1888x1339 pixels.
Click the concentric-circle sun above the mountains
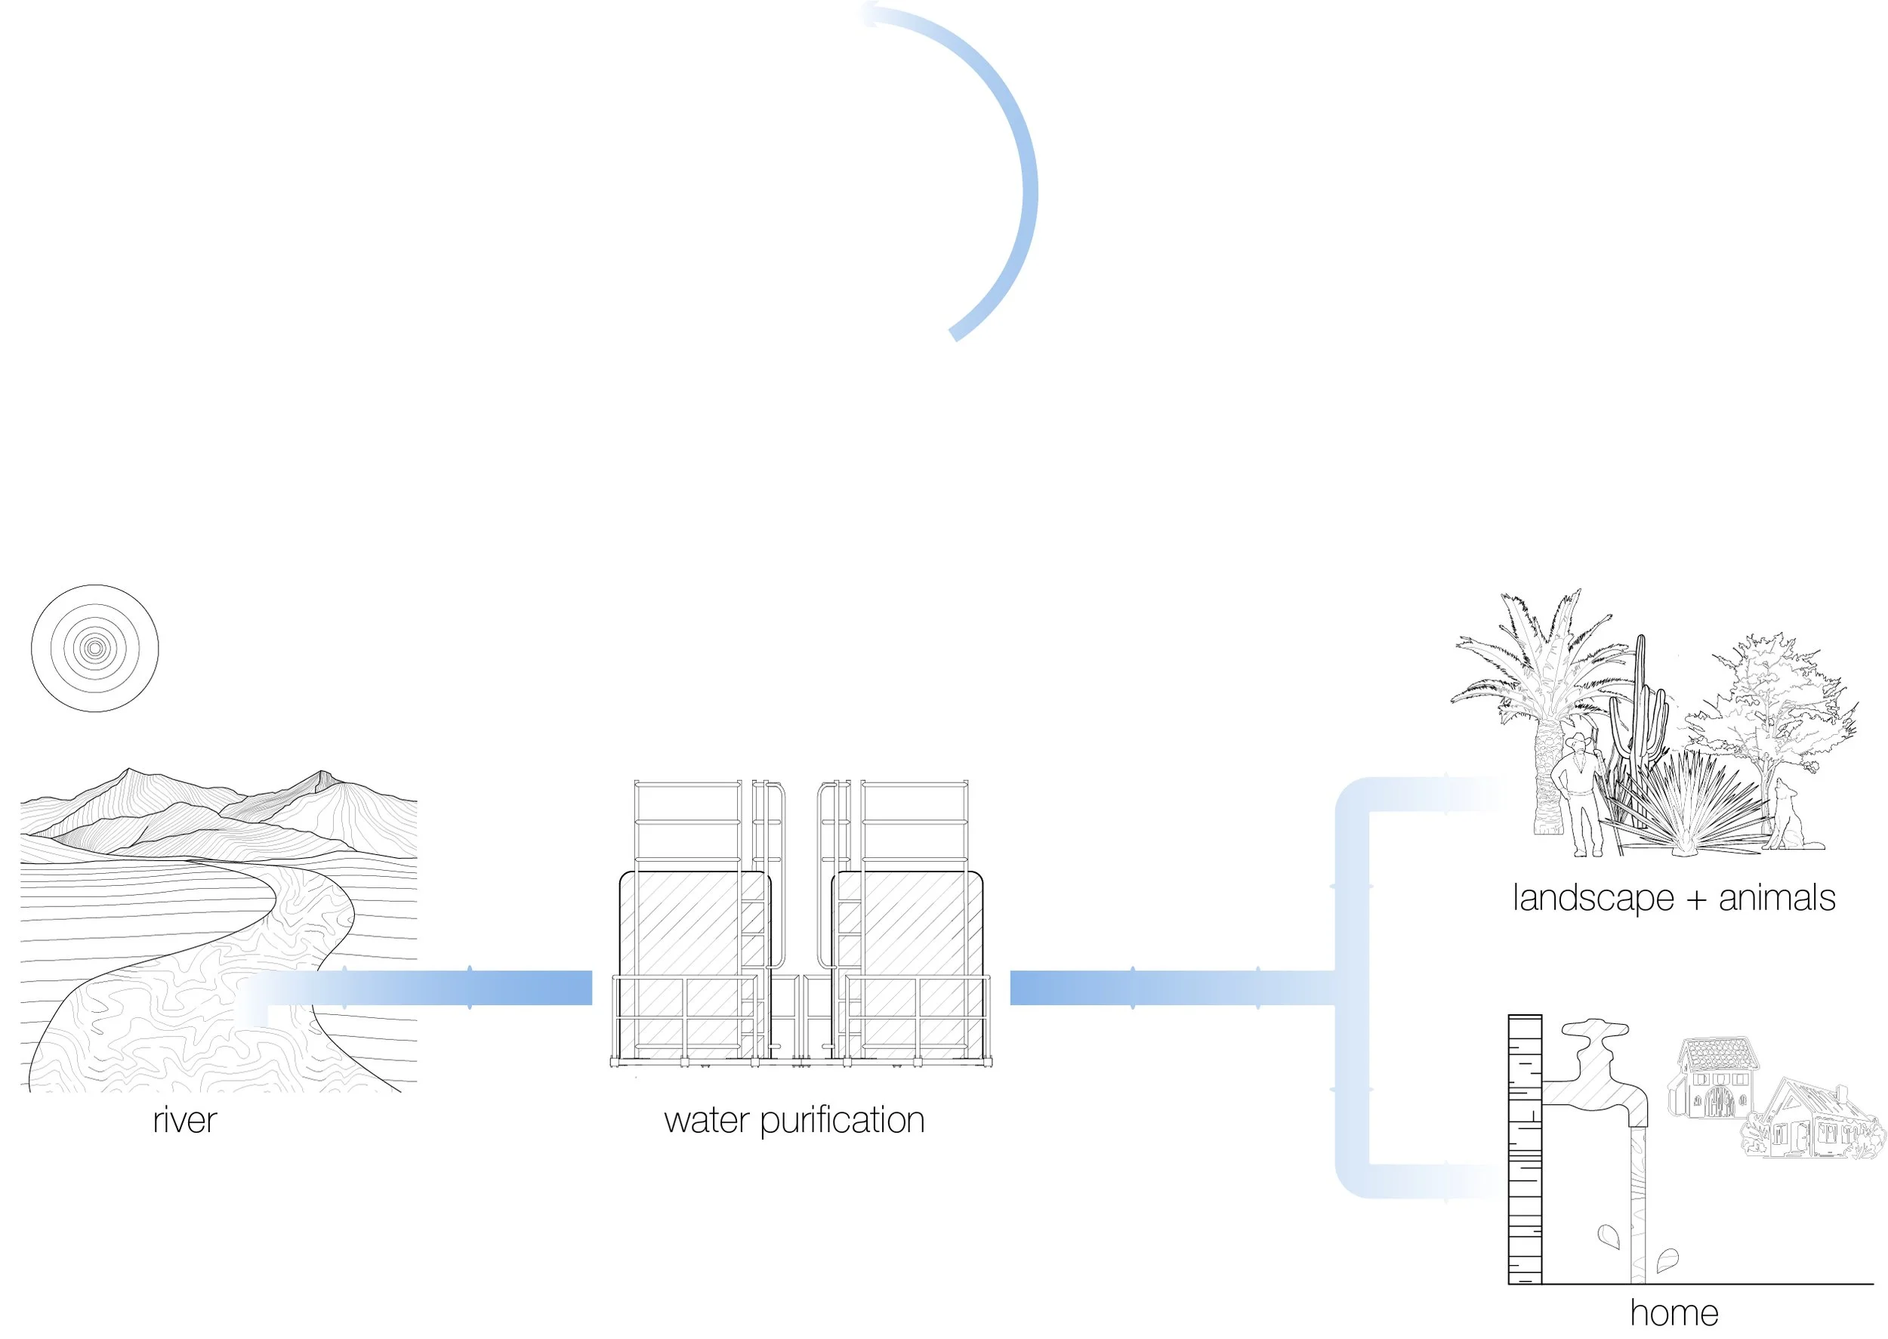[95, 648]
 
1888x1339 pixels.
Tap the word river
[185, 1121]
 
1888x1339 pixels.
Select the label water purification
[794, 1121]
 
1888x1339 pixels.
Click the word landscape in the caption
[1592, 898]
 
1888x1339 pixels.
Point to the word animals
[1777, 898]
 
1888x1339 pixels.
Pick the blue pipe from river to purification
[429, 988]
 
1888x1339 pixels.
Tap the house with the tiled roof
[1715, 1080]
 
